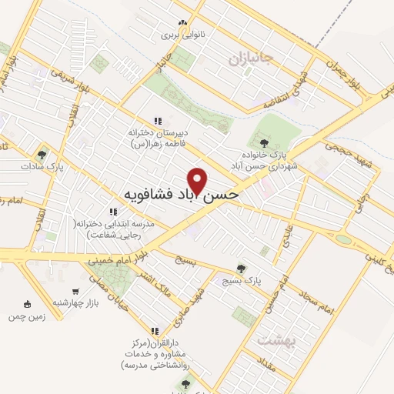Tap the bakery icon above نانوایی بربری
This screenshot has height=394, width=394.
pos(182,23)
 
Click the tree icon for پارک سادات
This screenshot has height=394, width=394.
pos(43,154)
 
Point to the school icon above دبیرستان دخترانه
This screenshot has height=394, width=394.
pos(158,121)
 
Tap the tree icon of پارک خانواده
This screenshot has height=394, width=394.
pos(264,142)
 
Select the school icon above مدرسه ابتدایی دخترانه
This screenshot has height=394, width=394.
pos(112,212)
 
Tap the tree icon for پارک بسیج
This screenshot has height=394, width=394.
pos(242,269)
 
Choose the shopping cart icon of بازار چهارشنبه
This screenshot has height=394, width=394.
pos(75,291)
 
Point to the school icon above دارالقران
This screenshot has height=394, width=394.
pos(155,330)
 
